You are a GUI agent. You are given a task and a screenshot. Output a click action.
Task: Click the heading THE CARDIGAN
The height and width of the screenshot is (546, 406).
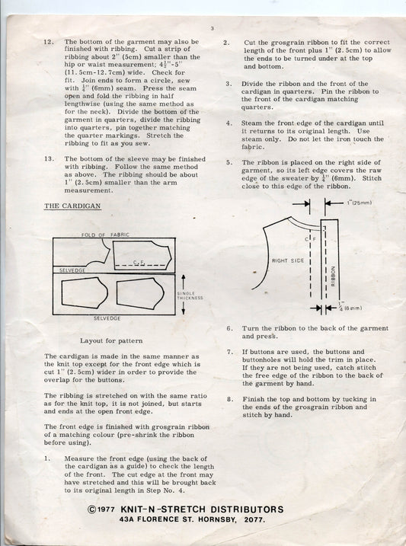tap(72, 206)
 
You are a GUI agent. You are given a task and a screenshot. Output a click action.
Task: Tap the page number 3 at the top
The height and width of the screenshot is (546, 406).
tap(213, 28)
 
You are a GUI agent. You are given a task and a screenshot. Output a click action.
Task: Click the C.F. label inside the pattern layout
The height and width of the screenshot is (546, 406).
tap(139, 262)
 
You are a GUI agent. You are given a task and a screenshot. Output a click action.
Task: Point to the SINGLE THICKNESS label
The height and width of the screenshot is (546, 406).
tap(190, 295)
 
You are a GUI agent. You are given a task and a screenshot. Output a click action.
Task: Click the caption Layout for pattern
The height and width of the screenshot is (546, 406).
tap(111, 340)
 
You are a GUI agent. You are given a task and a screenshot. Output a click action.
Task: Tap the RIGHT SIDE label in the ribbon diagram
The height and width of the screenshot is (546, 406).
tap(288, 260)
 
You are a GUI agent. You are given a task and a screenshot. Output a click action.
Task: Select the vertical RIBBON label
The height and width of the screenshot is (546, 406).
tap(333, 276)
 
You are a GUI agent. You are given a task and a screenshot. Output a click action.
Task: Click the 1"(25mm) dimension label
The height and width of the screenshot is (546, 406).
tap(359, 203)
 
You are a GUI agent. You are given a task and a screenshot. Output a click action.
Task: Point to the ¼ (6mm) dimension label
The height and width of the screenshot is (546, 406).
tap(350, 308)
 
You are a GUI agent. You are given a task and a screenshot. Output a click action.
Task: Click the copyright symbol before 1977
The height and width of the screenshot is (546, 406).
tap(92, 509)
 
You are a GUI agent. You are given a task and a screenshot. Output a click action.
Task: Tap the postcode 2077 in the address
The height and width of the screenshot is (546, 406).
tap(254, 520)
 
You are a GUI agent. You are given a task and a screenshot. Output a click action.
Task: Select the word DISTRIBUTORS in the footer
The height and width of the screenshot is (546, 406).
tap(247, 509)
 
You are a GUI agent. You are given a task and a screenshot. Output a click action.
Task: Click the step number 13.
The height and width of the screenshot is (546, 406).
tap(49, 159)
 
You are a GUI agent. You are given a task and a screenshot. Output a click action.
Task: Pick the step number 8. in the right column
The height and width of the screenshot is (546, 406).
tap(231, 399)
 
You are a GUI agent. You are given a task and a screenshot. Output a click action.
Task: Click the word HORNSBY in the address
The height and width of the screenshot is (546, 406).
tap(218, 520)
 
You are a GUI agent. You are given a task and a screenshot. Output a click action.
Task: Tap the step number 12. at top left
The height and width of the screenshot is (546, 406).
tap(49, 42)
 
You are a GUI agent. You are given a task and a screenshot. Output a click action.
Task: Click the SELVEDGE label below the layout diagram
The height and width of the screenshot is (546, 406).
tap(107, 318)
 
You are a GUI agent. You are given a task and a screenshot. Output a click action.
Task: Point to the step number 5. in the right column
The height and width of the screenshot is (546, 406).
tap(229, 162)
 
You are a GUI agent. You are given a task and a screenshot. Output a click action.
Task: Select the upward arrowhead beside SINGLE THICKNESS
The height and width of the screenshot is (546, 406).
tap(184, 278)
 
